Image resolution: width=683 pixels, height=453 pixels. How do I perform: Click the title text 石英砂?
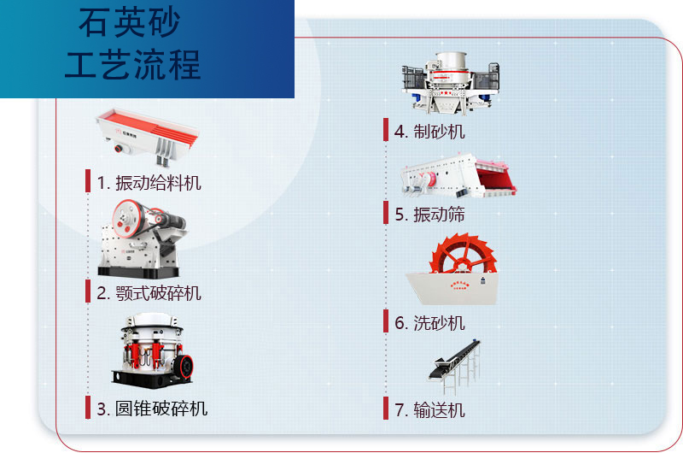(130, 24)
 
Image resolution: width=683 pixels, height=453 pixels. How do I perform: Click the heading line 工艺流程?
(132, 65)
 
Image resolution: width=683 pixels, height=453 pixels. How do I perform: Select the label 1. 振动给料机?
(149, 182)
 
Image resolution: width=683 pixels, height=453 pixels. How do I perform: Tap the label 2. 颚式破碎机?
(149, 293)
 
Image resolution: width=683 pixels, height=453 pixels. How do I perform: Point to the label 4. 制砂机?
(429, 131)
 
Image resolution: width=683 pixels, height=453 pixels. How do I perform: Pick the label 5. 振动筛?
(429, 215)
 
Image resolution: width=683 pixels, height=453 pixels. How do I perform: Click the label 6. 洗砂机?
(429, 322)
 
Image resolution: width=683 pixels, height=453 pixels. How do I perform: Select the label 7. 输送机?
(429, 410)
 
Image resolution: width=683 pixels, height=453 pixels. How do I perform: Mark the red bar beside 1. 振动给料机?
(88, 181)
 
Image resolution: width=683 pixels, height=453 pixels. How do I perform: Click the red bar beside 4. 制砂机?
(386, 130)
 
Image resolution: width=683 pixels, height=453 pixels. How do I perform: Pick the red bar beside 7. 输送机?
(386, 409)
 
